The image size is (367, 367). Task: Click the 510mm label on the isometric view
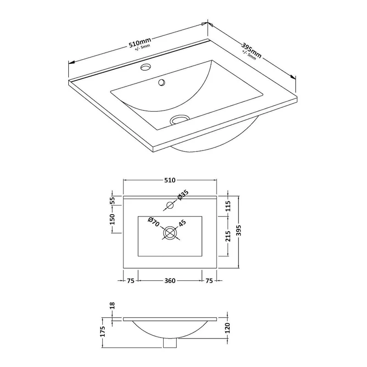point(140,42)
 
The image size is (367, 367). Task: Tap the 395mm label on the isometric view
point(251,50)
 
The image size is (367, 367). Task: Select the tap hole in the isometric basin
point(146,67)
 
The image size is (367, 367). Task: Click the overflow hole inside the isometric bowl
point(161,82)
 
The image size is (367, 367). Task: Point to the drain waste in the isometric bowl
point(179,119)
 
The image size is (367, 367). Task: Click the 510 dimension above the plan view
point(170,180)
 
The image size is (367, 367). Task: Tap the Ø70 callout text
point(154,222)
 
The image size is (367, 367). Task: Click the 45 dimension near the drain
point(182,223)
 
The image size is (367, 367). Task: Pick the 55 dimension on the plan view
point(112,200)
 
